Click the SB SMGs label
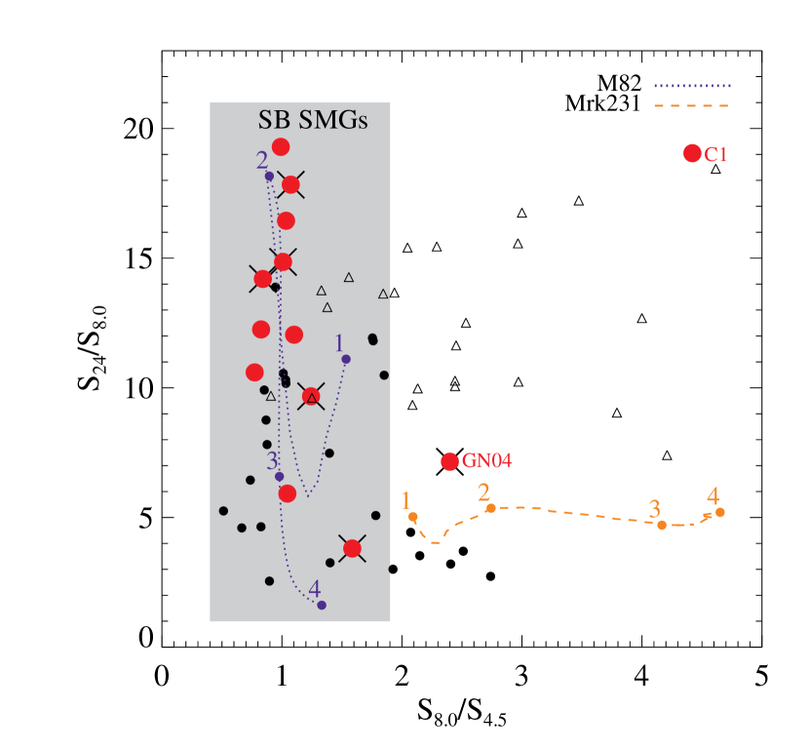click(312, 120)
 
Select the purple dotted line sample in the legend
click(692, 86)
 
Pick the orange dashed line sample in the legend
click(692, 105)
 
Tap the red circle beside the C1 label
click(692, 153)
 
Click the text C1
click(716, 154)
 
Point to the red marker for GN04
click(449, 461)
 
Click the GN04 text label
click(486, 461)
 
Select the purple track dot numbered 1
click(346, 359)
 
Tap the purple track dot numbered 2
click(269, 177)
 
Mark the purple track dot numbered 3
click(279, 477)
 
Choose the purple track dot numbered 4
click(322, 605)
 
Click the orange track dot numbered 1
click(413, 517)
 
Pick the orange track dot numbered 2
click(491, 508)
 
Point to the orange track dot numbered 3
click(662, 525)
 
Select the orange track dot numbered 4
click(719, 512)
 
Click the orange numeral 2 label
click(483, 493)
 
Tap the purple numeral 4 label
click(314, 589)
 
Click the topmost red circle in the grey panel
click(281, 147)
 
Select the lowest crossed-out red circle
click(352, 548)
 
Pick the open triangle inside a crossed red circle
click(311, 397)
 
